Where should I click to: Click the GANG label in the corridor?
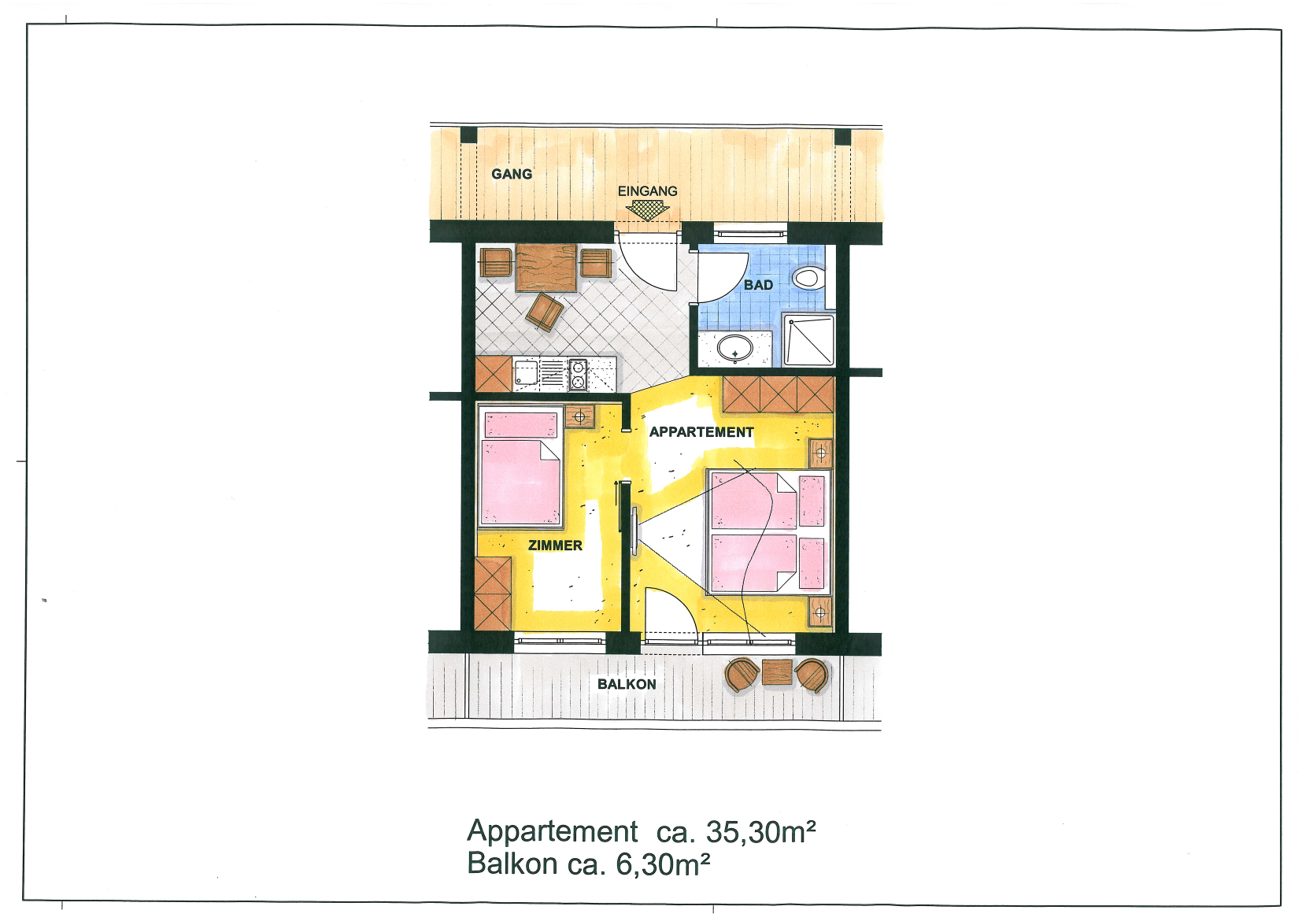(512, 174)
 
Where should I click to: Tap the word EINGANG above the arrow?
(648, 191)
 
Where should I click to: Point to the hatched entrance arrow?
(648, 209)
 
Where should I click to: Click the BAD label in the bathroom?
(758, 285)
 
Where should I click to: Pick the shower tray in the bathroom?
(808, 341)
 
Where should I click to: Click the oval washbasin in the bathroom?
(734, 350)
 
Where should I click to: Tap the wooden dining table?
(546, 268)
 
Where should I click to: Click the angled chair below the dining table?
(545, 312)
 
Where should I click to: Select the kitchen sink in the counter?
(526, 374)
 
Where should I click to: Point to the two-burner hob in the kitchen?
(578, 375)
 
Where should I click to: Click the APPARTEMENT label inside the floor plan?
(701, 432)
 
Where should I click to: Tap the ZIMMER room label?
(555, 546)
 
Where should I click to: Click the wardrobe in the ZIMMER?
(493, 594)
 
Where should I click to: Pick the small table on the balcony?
(777, 673)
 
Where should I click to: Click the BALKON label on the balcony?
(627, 685)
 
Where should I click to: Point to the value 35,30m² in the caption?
(760, 833)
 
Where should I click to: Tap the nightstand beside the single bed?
(579, 416)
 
